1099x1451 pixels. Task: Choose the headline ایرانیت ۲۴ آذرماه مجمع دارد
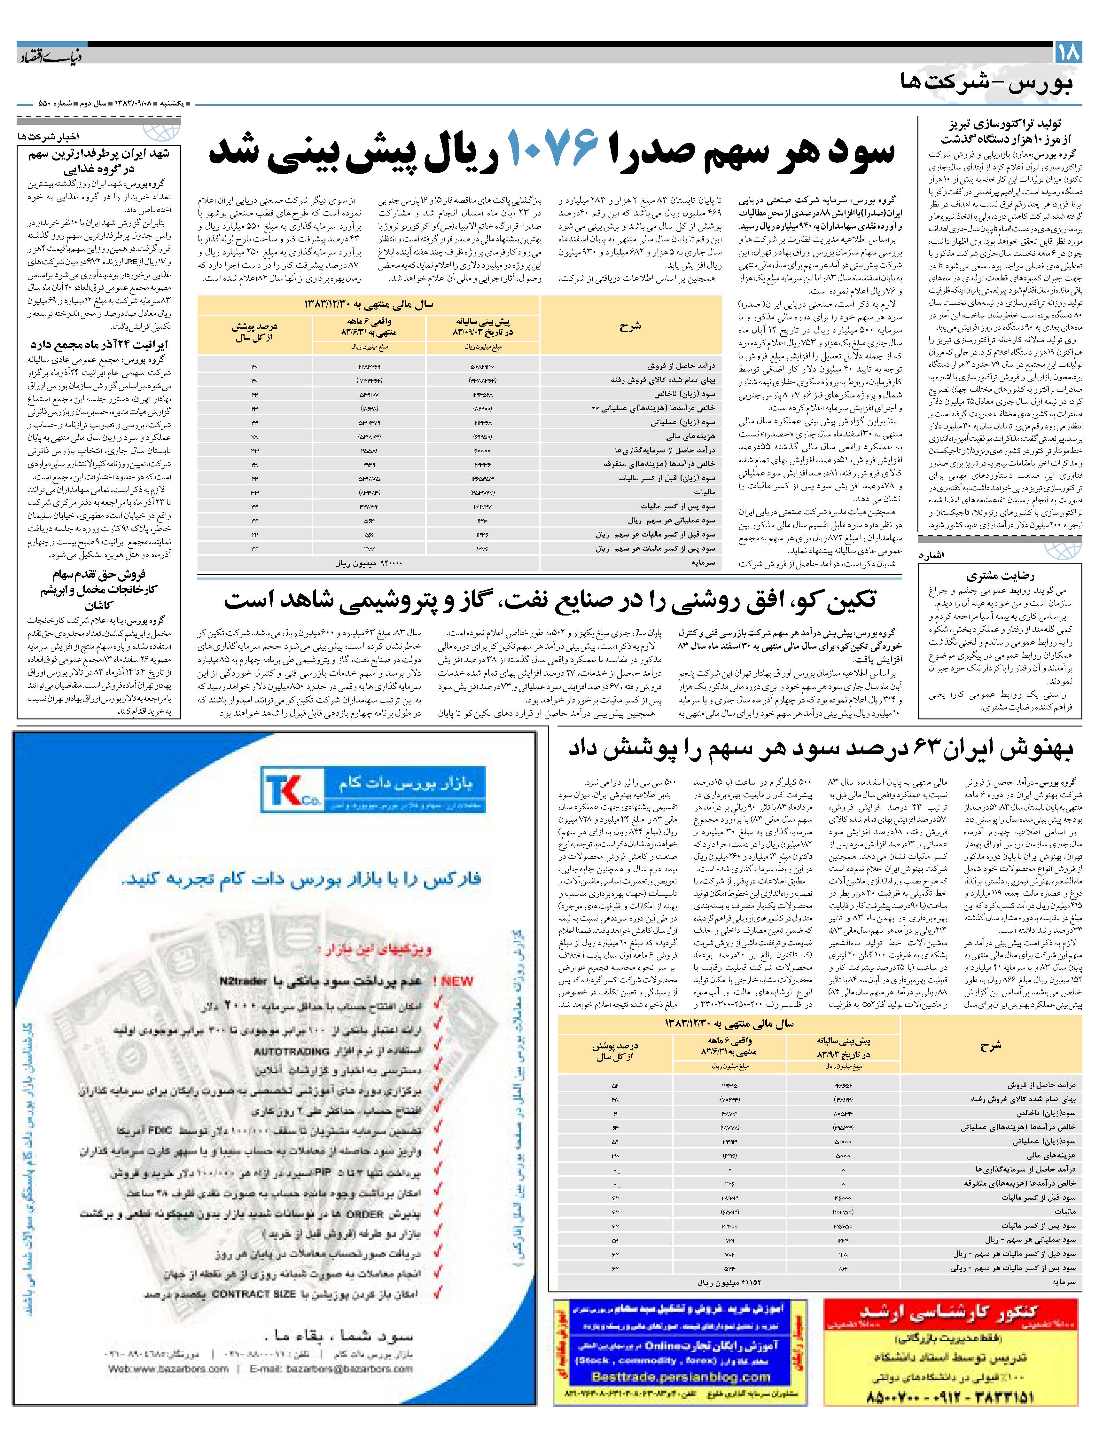tap(98, 344)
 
